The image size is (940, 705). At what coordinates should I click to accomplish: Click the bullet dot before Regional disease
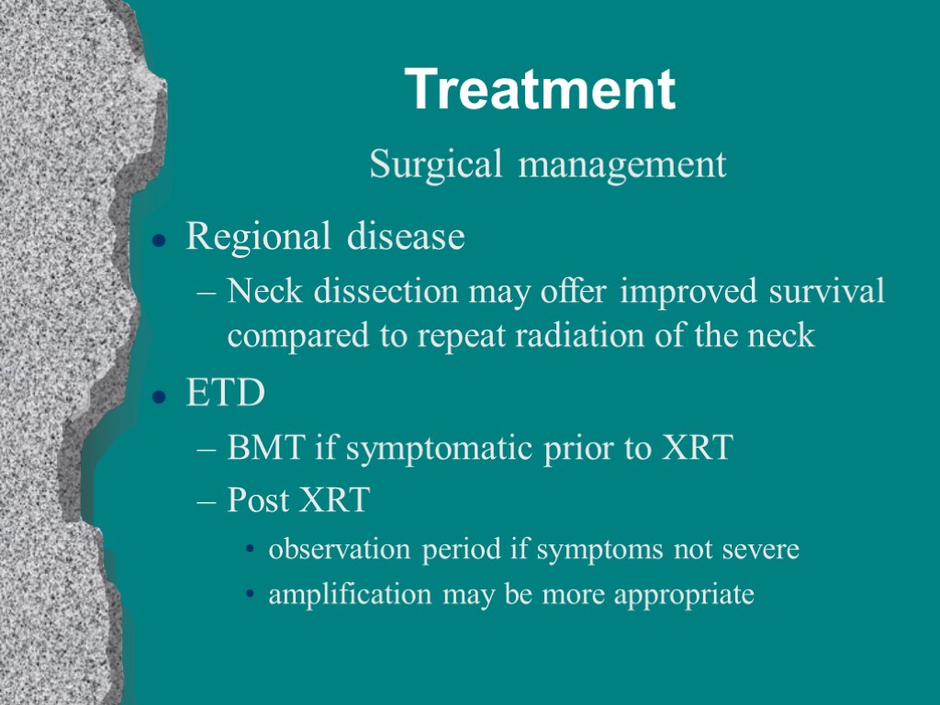159,241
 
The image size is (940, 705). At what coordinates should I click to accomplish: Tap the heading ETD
225,395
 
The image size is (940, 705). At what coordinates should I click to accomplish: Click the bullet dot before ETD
159,397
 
